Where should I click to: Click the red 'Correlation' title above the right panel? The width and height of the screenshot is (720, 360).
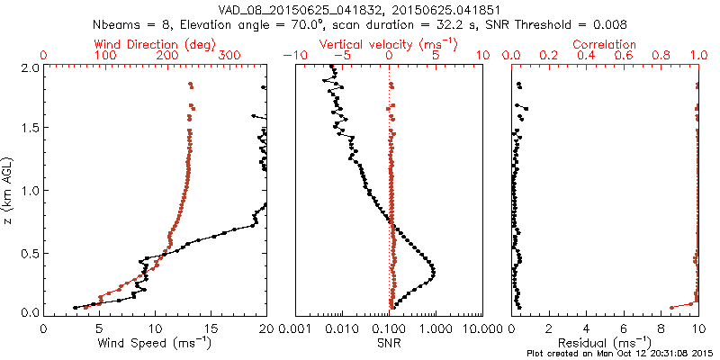click(x=605, y=44)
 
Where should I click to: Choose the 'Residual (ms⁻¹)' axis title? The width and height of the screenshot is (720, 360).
click(x=605, y=343)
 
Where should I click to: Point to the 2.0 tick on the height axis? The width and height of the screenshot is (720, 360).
click(x=29, y=67)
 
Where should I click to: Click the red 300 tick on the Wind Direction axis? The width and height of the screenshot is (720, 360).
click(x=229, y=56)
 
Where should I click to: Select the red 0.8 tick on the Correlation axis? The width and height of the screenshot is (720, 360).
click(x=661, y=56)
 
